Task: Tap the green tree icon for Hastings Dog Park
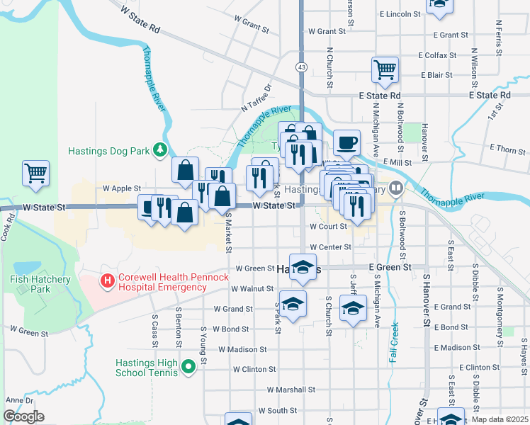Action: [161, 149]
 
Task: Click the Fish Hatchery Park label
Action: [40, 284]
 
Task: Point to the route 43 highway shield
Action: [302, 67]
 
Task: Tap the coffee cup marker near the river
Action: [346, 143]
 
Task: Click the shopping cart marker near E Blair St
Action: [385, 70]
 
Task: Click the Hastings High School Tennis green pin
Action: [188, 366]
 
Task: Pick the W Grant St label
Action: [327, 31]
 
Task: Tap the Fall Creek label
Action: [393, 344]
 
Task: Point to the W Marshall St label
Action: [291, 390]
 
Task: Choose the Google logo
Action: [24, 416]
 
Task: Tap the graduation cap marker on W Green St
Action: [303, 266]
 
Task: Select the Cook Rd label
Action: [9, 225]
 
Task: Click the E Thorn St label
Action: [507, 149]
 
